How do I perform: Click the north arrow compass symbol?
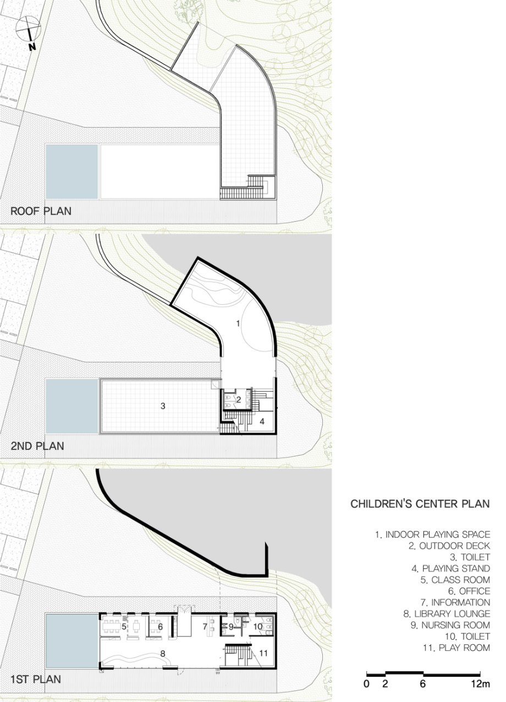click(28, 32)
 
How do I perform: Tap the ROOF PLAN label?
click(41, 211)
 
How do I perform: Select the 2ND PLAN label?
click(37, 446)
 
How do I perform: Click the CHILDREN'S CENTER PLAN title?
click(420, 503)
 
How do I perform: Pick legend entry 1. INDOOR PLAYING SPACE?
click(433, 534)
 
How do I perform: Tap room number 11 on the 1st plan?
click(263, 653)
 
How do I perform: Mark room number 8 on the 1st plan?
click(163, 654)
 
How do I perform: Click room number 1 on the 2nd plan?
click(238, 323)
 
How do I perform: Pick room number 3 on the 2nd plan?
click(163, 406)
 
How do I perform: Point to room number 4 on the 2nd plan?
click(262, 421)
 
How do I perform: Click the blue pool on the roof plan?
click(71, 172)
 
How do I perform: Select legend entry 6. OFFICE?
click(469, 591)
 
